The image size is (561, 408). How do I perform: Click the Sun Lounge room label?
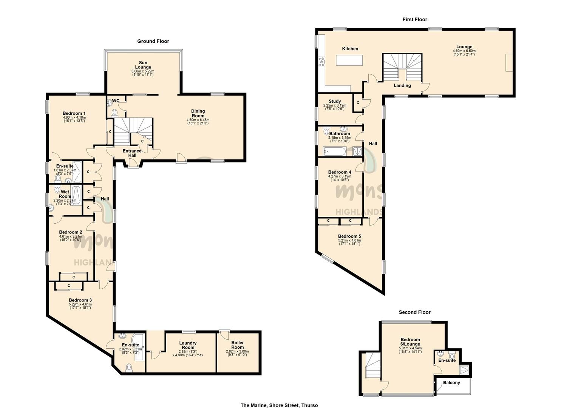pyautogui.click(x=143, y=65)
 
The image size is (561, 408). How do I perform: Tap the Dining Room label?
pyautogui.click(x=198, y=113)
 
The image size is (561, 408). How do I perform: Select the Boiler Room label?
pyautogui.click(x=237, y=345)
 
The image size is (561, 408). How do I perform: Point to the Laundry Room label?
pyautogui.click(x=188, y=345)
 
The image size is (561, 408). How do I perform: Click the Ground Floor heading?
pyautogui.click(x=153, y=41)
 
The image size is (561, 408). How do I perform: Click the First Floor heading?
pyautogui.click(x=415, y=19)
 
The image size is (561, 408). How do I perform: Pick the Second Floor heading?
pyautogui.click(x=414, y=312)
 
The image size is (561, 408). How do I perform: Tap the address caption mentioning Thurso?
pyautogui.click(x=279, y=405)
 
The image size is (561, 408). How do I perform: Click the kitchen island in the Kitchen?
pyautogui.click(x=350, y=60)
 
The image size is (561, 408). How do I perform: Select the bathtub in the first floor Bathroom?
pyautogui.click(x=334, y=152)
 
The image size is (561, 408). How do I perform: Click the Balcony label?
pyautogui.click(x=451, y=383)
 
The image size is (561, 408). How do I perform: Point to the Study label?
pyautogui.click(x=335, y=101)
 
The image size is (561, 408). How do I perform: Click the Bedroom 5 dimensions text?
pyautogui.click(x=349, y=242)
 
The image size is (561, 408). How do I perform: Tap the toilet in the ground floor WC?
pyautogui.click(x=114, y=112)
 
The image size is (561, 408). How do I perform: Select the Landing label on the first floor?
pyautogui.click(x=402, y=85)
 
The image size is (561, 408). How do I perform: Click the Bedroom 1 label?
pyautogui.click(x=74, y=113)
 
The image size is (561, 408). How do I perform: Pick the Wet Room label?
pyautogui.click(x=65, y=194)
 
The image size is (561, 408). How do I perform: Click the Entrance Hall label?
pyautogui.click(x=132, y=153)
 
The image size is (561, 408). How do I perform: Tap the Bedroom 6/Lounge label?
pyautogui.click(x=410, y=342)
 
